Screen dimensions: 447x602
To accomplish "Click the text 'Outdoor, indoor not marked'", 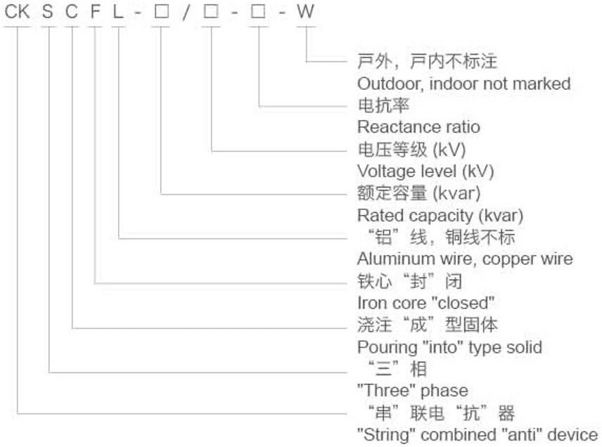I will point(463,84).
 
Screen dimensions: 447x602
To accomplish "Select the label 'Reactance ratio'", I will point(418,127).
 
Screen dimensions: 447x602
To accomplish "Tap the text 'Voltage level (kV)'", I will point(425,171).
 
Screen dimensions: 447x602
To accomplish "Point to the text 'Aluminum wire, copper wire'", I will point(465,259).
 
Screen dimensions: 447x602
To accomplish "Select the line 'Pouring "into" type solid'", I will point(449,347).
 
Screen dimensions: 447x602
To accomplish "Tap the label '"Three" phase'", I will point(412,391).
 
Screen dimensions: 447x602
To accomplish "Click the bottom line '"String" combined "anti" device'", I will point(478,434).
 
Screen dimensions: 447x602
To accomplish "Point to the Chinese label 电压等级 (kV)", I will point(411,149).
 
